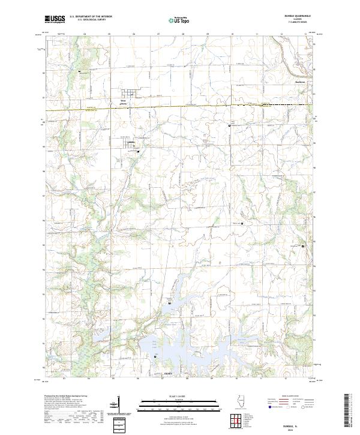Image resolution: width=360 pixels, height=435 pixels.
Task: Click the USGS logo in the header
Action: click(55, 19)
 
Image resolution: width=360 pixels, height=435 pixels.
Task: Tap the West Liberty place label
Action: click(123, 103)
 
